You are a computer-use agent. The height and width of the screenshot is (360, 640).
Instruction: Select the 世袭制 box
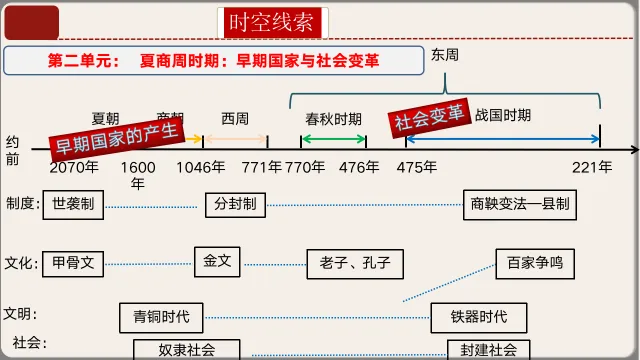pyautogui.click(x=73, y=204)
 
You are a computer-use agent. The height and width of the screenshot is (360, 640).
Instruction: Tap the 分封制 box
pyautogui.click(x=236, y=204)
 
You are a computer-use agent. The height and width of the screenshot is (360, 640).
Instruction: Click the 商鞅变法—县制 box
pyautogui.click(x=520, y=204)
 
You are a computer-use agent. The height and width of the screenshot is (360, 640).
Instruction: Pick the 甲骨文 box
pyautogui.click(x=73, y=264)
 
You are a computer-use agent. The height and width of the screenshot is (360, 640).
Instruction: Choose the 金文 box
pyautogui.click(x=217, y=261)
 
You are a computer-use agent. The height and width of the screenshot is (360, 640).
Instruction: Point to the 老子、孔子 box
pyautogui.click(x=348, y=265)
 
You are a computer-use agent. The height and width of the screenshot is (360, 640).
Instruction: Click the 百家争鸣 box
pyautogui.click(x=535, y=264)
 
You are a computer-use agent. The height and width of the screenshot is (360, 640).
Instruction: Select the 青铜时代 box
pyautogui.click(x=161, y=317)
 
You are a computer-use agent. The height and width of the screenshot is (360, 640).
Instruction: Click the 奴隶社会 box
pyautogui.click(x=187, y=349)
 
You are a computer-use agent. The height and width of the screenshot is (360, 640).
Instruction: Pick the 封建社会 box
pyautogui.click(x=489, y=349)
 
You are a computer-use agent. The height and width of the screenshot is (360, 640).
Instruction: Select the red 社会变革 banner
pyautogui.click(x=429, y=119)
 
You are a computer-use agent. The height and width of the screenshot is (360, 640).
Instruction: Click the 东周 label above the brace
pyautogui.click(x=444, y=56)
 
